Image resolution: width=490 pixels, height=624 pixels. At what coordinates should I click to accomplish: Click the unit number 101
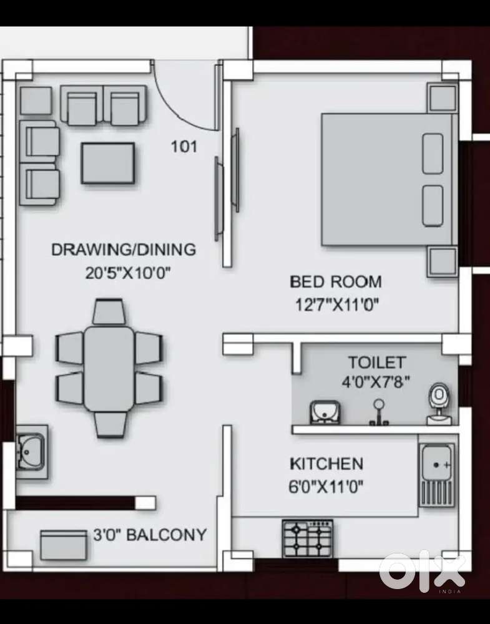pos(184,147)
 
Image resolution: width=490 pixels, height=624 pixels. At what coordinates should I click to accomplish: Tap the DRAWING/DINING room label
pos(123,250)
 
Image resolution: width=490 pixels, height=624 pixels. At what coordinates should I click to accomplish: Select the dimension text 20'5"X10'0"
pos(128,273)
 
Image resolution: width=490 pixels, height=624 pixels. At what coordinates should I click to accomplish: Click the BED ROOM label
pos(335,281)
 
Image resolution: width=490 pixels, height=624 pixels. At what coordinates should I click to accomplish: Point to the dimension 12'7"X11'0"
pos(337,305)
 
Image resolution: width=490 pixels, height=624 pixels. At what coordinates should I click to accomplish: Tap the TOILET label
pos(377,363)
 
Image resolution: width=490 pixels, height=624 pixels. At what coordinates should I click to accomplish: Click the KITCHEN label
pos(326,464)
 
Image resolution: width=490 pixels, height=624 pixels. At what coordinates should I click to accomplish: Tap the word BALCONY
pos(167,535)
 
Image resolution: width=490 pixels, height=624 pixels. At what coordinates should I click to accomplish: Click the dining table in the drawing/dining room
pos(109,368)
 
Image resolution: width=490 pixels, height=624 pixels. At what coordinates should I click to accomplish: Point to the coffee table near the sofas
pos(108,163)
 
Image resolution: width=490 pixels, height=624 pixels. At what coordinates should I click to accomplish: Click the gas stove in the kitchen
pos(307,538)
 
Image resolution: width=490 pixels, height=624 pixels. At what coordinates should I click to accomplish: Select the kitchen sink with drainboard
pos(437,475)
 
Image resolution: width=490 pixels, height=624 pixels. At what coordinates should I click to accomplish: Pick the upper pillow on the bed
pos(433,154)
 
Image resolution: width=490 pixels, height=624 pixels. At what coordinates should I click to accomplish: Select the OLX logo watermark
pos(423,570)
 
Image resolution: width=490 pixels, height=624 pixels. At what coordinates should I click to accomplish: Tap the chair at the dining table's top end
pos(109,311)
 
